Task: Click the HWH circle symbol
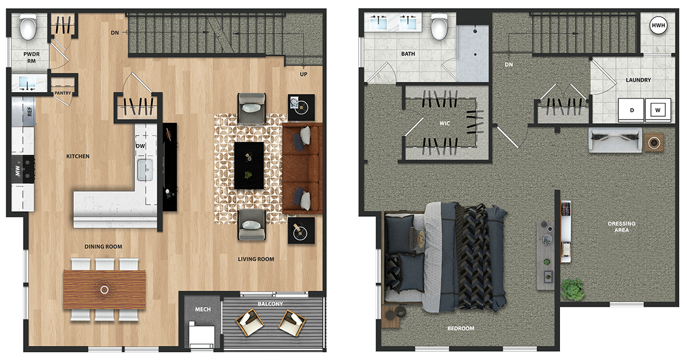pos(658,25)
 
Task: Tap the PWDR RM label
pos(31,57)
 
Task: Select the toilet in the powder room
pos(28,27)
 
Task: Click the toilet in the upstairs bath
pos(439,27)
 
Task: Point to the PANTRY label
pos(62,93)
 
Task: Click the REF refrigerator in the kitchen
pos(23,112)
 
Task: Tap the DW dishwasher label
pos(140,146)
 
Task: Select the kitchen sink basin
pos(145,169)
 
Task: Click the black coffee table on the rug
pos(248,165)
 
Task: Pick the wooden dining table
pos(104,290)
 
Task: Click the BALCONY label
pos(270,304)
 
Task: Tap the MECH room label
pos(203,310)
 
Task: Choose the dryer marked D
pos(631,110)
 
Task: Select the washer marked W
pos(658,110)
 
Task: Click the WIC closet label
pos(445,123)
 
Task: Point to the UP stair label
pos(303,74)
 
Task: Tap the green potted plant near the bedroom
pos(572,289)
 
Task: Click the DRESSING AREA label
pos(622,227)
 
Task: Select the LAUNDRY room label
pos(638,80)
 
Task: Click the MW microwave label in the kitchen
pos(18,170)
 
